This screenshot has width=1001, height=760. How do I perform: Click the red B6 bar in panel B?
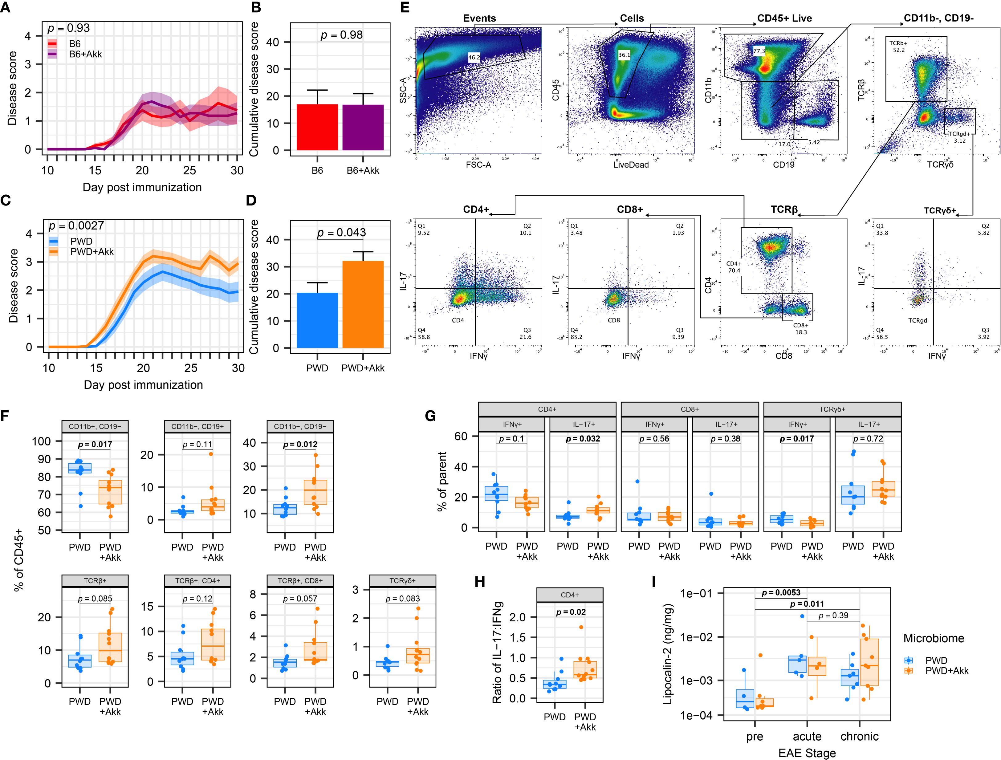[317, 127]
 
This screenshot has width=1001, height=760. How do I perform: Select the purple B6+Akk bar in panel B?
[363, 127]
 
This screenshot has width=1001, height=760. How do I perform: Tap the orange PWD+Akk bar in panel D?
[363, 304]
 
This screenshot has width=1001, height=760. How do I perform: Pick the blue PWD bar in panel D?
[317, 320]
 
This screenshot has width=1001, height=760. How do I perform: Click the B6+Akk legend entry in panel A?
[85, 54]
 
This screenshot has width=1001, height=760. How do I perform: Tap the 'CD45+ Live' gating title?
[784, 18]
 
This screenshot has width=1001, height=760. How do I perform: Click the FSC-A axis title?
[478, 165]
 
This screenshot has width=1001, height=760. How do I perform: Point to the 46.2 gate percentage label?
[474, 57]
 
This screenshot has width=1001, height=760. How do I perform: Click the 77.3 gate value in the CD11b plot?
[759, 51]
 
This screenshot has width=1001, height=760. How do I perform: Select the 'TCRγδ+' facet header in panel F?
[402, 581]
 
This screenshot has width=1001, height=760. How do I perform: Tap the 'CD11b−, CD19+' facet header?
[197, 427]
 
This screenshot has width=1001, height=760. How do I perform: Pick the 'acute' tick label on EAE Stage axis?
[807, 737]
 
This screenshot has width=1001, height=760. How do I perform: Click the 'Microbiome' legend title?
[934, 638]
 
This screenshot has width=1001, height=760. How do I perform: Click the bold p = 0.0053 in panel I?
[781, 593]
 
